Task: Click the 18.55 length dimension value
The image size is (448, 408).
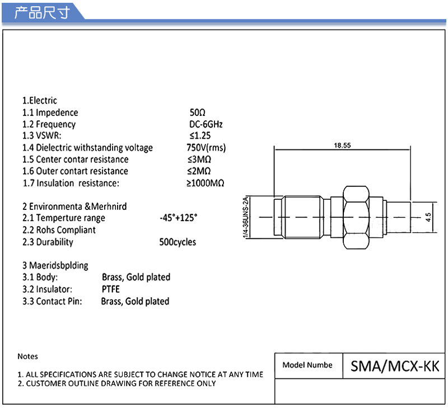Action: [x=342, y=146]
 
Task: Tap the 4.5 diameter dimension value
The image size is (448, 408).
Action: [x=428, y=217]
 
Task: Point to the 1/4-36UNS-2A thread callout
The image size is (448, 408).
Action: [x=245, y=218]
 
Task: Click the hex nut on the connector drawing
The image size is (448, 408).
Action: [x=356, y=217]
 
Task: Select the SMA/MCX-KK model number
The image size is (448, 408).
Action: [x=395, y=366]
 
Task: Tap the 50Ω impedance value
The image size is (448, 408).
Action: [x=198, y=112]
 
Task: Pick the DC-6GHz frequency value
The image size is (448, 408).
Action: [x=206, y=124]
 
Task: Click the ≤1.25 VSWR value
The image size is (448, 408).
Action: [x=200, y=135]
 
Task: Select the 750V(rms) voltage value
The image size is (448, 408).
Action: [x=206, y=148]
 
